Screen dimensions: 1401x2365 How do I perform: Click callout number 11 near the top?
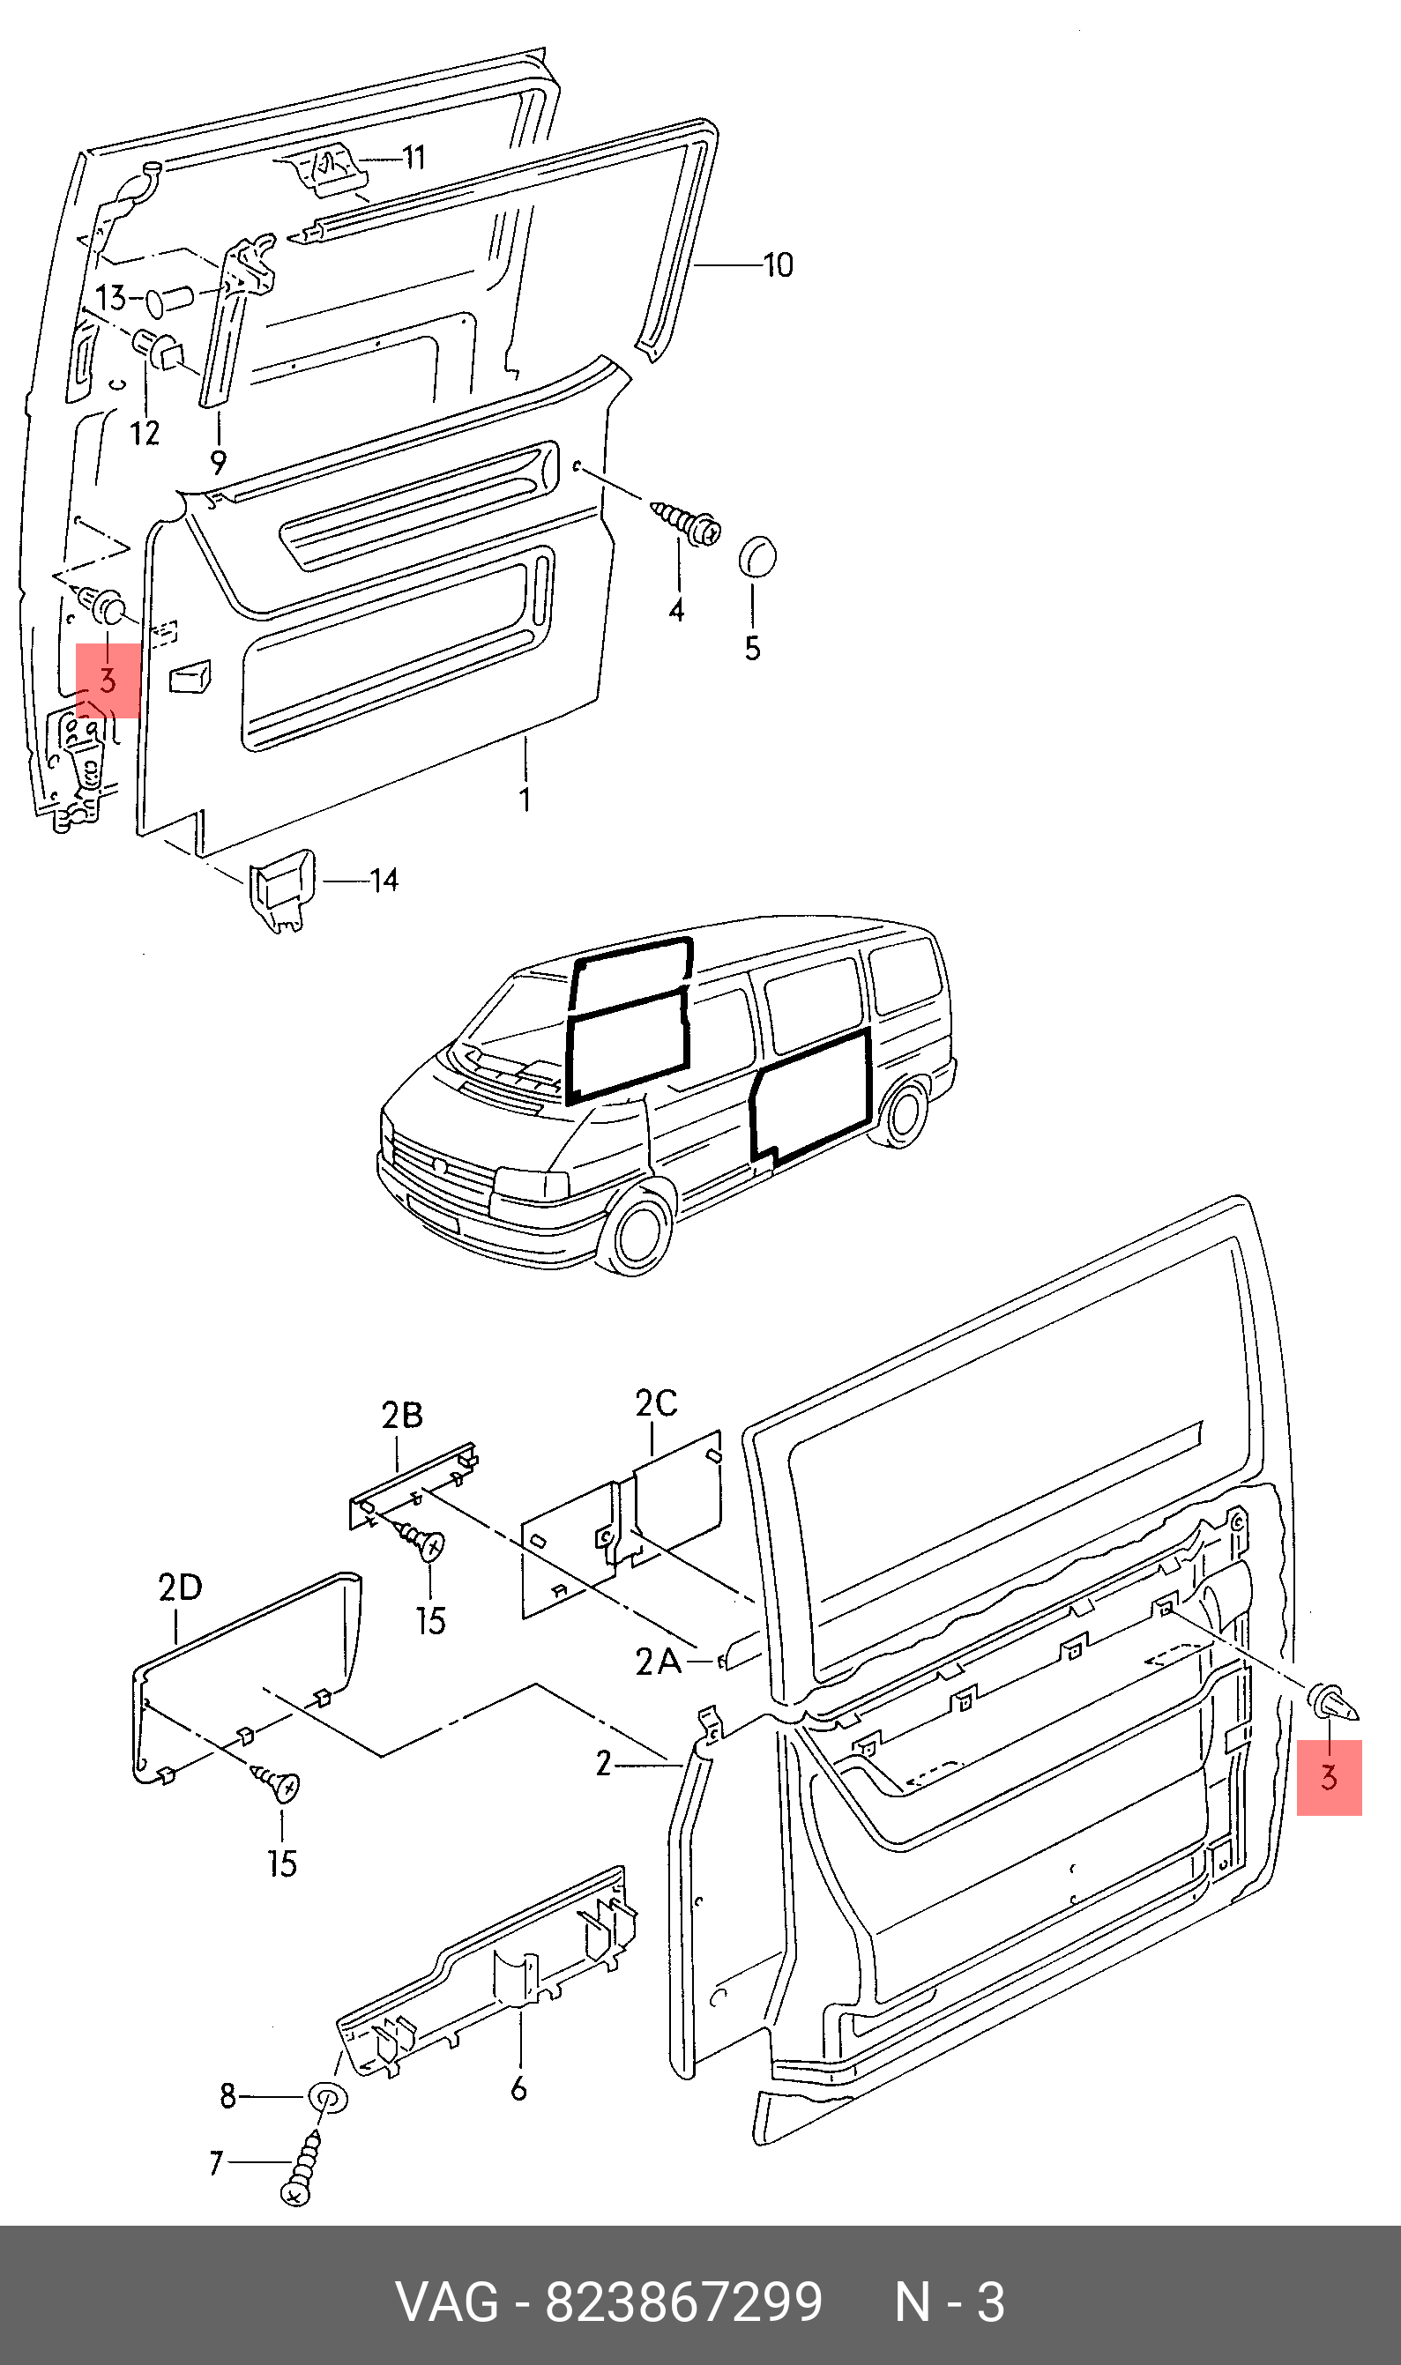(414, 157)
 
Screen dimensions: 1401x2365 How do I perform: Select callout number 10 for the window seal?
(778, 265)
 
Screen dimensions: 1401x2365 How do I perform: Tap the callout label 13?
(110, 297)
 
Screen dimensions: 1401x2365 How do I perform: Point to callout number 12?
(145, 433)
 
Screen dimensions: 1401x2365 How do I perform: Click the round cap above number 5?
(757, 556)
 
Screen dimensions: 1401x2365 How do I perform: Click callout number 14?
(384, 881)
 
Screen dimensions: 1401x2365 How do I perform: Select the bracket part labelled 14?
(280, 890)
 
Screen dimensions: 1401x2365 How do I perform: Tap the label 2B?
(402, 1416)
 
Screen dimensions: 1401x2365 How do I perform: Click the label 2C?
(656, 1403)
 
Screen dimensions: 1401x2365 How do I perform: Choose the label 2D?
(181, 1588)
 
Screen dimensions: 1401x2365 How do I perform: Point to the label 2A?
(659, 1662)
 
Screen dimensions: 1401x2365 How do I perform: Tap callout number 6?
(518, 2088)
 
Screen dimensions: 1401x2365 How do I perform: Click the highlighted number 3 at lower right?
(1330, 1777)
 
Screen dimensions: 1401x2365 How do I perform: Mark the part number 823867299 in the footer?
(683, 2302)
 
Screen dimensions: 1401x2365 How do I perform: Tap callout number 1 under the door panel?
(525, 800)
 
